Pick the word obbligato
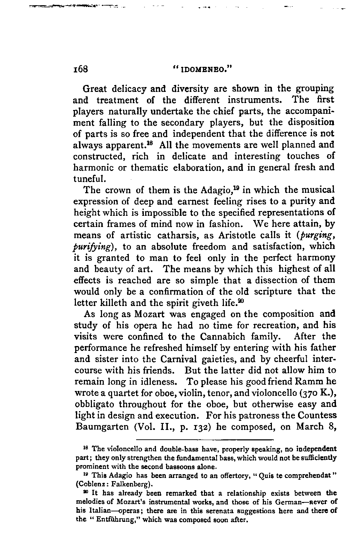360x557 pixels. [x=94, y=405]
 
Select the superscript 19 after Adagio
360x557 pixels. [x=238, y=188]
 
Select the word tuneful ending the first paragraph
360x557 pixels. [x=89, y=179]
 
